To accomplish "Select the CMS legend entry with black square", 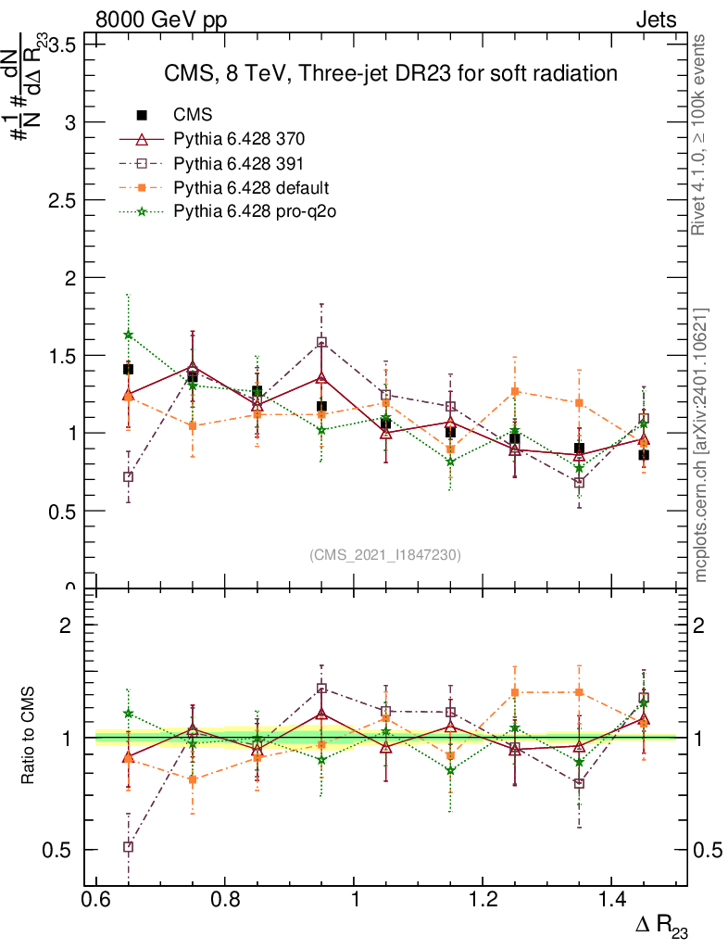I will (x=193, y=115).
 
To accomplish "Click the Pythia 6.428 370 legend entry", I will (x=239, y=140).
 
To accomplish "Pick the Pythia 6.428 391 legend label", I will (x=239, y=164).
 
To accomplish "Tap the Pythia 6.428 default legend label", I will (x=250, y=188).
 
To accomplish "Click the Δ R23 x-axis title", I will (x=660, y=926).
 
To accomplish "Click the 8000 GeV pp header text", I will (x=161, y=19).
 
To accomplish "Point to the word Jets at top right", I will (x=655, y=19).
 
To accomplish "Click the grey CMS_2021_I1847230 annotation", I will (x=385, y=554).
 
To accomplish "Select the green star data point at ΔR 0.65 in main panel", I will (x=128, y=335).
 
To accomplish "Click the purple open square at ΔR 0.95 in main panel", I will (x=321, y=342).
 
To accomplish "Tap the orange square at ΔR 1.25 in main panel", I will (x=514, y=391).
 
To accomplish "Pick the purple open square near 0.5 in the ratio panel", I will (x=128, y=846).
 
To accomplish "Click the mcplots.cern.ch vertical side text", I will (x=701, y=445).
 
